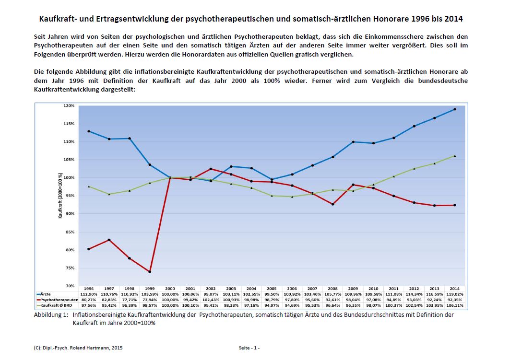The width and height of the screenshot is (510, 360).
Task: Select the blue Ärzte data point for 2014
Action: pos(454,109)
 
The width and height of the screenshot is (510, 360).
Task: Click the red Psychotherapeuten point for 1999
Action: pos(150,272)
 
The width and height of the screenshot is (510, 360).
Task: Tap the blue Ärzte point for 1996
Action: pos(89,131)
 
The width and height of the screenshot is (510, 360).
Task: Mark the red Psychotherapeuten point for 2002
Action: pos(211,169)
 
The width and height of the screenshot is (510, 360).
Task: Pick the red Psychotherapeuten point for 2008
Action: pos(332,204)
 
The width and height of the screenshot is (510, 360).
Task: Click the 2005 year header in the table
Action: pos(272,289)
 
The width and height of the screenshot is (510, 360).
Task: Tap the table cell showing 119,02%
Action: pos(454,294)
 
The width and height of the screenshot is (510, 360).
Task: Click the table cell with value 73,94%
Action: pos(150,299)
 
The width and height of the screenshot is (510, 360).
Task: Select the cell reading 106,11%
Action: pos(454,305)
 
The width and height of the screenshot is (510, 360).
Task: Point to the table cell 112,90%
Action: pos(89,294)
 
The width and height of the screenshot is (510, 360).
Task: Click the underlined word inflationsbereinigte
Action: pos(165,71)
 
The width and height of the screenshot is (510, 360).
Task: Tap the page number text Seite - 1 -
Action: pos(249,347)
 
